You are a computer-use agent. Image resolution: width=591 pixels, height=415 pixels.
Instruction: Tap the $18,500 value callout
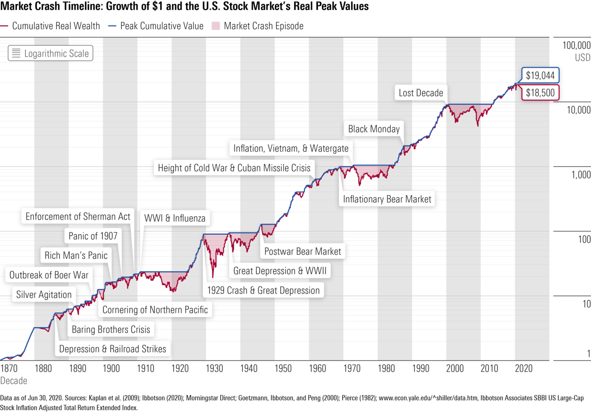click(540, 93)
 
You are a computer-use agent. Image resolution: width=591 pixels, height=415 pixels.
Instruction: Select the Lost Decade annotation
click(421, 93)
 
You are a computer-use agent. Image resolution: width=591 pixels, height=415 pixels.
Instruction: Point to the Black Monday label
click(374, 129)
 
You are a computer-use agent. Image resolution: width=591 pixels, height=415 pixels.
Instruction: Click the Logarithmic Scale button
click(50, 54)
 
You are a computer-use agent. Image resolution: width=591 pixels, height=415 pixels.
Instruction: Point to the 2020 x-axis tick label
click(523, 368)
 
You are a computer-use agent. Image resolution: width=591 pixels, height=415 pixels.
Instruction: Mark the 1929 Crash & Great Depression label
click(263, 290)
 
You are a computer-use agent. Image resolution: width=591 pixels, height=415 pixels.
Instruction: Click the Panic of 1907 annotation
click(93, 236)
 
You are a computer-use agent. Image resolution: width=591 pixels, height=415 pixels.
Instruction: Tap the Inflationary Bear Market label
click(387, 199)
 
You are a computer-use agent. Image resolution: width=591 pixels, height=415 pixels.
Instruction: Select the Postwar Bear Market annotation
click(302, 251)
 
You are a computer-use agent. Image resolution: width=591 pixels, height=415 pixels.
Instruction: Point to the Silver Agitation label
click(44, 295)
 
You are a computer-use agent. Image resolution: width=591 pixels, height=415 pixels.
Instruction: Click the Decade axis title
click(14, 381)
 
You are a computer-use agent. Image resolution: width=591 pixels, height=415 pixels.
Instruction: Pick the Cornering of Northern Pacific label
click(155, 310)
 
